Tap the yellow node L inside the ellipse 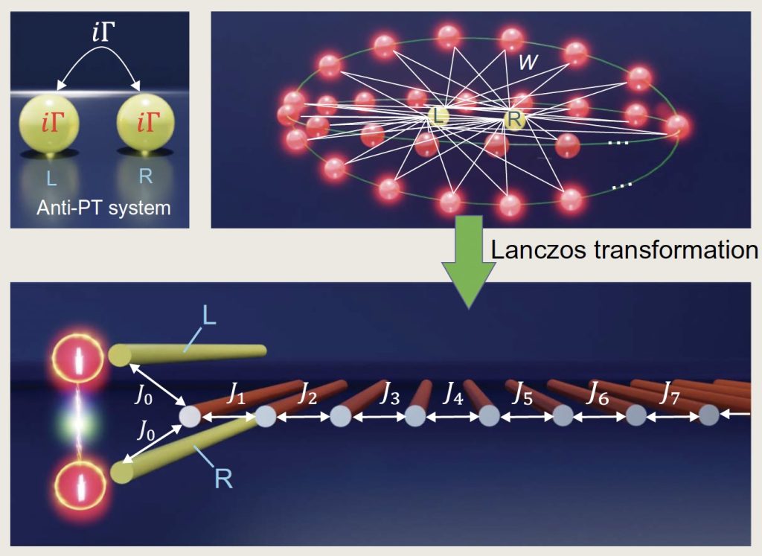tap(437, 115)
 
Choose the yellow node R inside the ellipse tap(513, 118)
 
